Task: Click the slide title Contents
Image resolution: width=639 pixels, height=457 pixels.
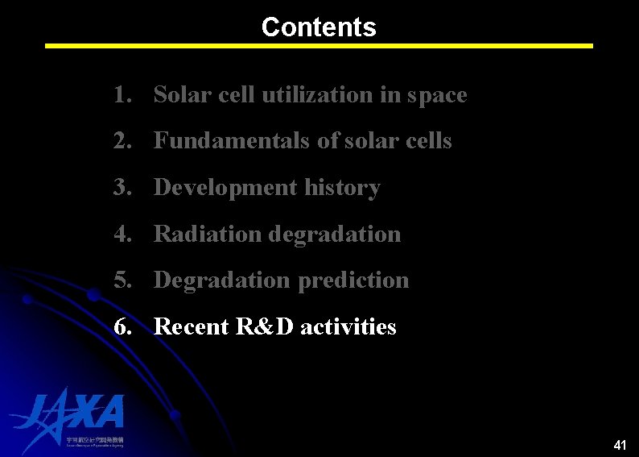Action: click(319, 27)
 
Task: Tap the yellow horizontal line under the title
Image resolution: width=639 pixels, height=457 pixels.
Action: click(319, 46)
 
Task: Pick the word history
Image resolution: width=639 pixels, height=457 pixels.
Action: click(343, 188)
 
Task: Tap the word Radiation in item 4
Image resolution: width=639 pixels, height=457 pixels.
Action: click(208, 235)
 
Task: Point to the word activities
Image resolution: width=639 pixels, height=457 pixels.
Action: click(348, 327)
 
